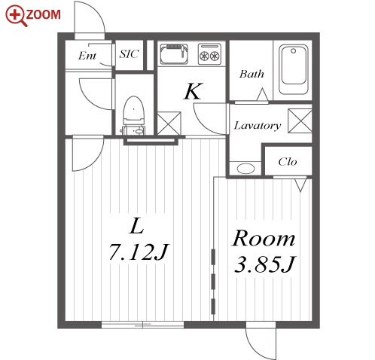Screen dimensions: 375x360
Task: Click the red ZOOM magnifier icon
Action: pos(16,16)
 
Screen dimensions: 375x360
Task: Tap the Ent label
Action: pos(87,56)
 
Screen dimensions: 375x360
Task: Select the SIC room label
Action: pos(129,53)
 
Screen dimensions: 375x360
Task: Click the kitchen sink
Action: pos(174,54)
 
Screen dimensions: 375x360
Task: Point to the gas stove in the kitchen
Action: pos(209,54)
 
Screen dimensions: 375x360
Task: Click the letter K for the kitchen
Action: pos(193,91)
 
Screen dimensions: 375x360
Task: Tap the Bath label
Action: pos(252,74)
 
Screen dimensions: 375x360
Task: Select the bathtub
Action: pos(294,69)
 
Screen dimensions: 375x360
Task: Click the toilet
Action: pos(134,115)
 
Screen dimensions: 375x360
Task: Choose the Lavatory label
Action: pos(258,125)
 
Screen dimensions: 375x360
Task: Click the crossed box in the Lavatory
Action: pos(300,121)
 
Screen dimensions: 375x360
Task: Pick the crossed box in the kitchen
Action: pos(169,124)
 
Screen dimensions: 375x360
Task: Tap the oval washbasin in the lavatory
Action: pos(246,168)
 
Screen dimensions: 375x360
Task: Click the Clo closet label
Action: pos(288,162)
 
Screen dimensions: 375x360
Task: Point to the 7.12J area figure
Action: pos(139,252)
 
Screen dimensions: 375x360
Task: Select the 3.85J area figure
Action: pos(265,264)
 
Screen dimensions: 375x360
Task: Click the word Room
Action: pos(264,238)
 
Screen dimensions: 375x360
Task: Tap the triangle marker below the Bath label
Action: pos(263,94)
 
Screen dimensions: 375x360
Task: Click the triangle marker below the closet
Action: pos(300,185)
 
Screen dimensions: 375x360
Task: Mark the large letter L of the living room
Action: pos(136,226)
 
